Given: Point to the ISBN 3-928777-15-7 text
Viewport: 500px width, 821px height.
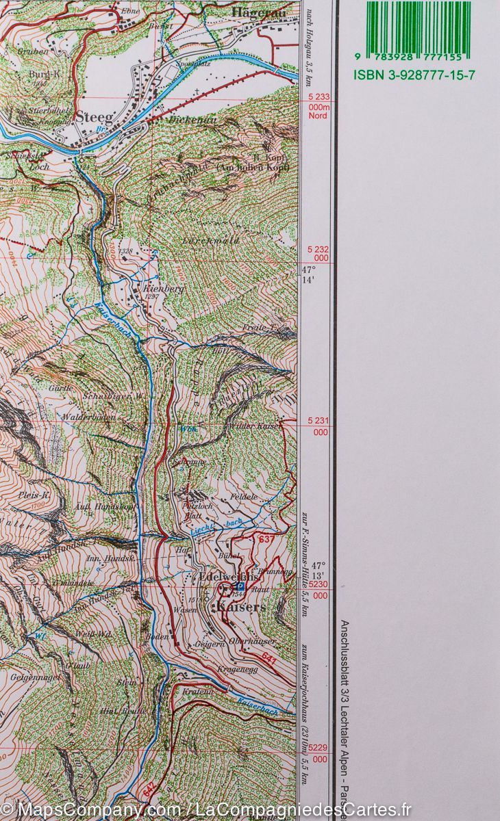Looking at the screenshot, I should (x=413, y=75).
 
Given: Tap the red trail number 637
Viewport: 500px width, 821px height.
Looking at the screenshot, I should (x=265, y=540).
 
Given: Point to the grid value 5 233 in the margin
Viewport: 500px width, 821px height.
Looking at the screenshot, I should (x=318, y=97).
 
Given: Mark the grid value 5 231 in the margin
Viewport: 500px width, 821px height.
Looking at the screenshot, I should (x=318, y=423).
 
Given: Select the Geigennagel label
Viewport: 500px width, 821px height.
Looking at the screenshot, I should (x=34, y=677).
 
